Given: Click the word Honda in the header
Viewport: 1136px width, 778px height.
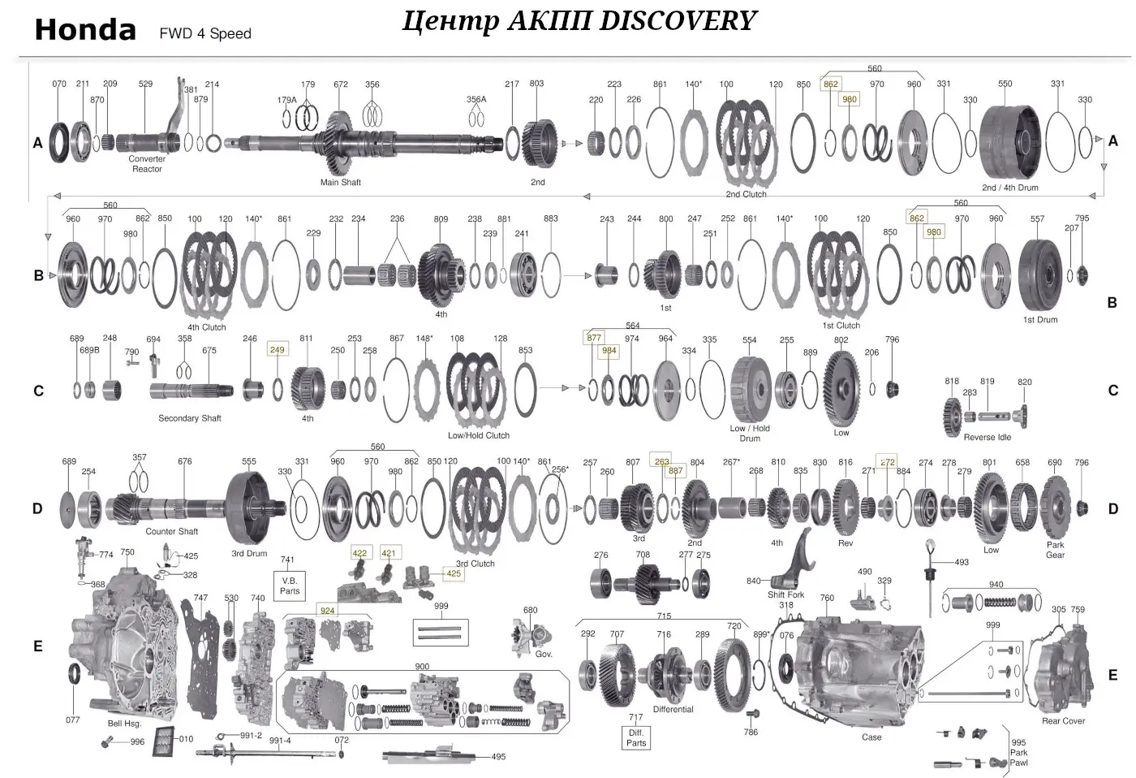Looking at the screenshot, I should (85, 31).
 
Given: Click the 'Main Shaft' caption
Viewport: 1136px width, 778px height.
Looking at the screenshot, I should (340, 183).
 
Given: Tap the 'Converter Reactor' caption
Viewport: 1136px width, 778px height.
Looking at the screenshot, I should (147, 164).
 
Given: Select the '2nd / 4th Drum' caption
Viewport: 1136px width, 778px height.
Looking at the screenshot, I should (1009, 188).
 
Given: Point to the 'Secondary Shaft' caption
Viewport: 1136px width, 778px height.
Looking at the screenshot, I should (189, 418).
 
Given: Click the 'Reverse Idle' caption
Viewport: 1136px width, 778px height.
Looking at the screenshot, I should (987, 437).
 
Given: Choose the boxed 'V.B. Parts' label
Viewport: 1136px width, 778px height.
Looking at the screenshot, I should (290, 586).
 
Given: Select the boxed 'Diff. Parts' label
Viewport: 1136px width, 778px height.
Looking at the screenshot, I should (636, 737).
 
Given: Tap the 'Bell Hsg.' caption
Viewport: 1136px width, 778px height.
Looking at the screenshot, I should (124, 724).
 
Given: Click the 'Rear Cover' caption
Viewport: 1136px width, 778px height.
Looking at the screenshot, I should (1063, 721).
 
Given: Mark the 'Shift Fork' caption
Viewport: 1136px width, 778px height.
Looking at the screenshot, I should (785, 594).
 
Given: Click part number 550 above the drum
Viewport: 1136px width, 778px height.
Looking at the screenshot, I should (1005, 84).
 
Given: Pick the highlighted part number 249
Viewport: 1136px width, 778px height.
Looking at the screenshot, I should (278, 350).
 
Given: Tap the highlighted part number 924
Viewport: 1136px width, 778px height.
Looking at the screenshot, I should (327, 611).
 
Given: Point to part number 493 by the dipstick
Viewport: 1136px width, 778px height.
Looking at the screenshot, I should (961, 562).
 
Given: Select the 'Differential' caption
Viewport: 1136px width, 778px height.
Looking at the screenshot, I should (673, 709).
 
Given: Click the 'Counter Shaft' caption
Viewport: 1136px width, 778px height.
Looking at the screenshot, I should (171, 532).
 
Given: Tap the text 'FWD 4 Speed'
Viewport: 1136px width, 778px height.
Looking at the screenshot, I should (205, 34).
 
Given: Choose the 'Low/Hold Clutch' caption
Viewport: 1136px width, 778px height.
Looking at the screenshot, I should (478, 435).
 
